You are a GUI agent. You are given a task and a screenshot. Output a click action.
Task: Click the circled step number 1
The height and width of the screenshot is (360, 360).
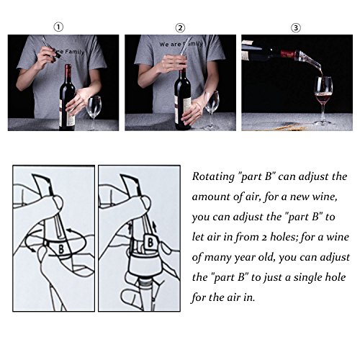[x=58, y=27]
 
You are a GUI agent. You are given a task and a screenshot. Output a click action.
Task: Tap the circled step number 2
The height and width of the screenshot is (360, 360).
[x=180, y=28]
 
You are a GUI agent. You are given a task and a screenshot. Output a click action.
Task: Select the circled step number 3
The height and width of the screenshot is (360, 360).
[x=296, y=28]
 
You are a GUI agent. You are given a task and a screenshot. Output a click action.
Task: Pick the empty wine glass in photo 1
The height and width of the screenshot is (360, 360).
[x=94, y=113]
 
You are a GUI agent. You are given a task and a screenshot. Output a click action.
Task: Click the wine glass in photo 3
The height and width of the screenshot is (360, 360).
[x=323, y=101]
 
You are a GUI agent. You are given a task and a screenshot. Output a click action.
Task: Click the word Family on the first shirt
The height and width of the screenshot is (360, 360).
[x=75, y=52]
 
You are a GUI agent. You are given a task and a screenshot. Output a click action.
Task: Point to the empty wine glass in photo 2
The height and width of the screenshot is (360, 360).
[x=212, y=110]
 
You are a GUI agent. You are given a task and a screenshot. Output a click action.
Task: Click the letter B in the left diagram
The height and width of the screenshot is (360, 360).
[x=61, y=249]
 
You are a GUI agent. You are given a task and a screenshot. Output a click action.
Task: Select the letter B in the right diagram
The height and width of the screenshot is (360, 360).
[x=150, y=243]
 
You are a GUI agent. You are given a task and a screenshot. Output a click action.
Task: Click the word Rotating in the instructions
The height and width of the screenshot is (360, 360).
[x=213, y=177]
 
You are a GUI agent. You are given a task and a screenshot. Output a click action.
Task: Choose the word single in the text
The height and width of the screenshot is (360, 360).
[x=310, y=278]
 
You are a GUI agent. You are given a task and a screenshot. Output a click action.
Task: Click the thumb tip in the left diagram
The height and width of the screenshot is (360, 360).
[x=57, y=202]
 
